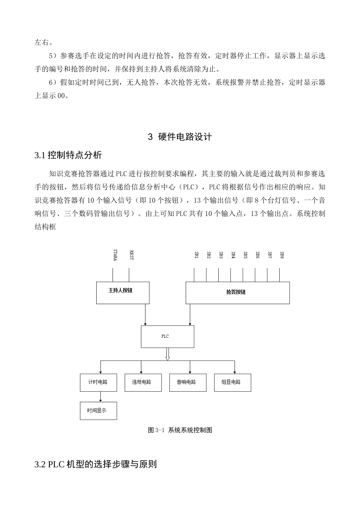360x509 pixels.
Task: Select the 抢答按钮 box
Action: [x=237, y=292]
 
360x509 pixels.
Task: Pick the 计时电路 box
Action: [x=98, y=383]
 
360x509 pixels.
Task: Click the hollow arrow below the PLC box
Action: [x=167, y=354]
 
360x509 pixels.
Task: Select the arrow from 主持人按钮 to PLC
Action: [x=145, y=314]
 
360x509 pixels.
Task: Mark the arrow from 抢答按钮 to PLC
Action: [x=190, y=314]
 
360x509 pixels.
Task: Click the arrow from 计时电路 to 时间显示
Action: [x=100, y=397]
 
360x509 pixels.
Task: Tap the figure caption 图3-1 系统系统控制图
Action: [x=180, y=430]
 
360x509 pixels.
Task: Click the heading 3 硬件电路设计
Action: [x=180, y=137]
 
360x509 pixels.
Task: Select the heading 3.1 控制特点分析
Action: [x=68, y=155]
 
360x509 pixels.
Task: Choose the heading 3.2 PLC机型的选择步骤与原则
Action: [x=95, y=464]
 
